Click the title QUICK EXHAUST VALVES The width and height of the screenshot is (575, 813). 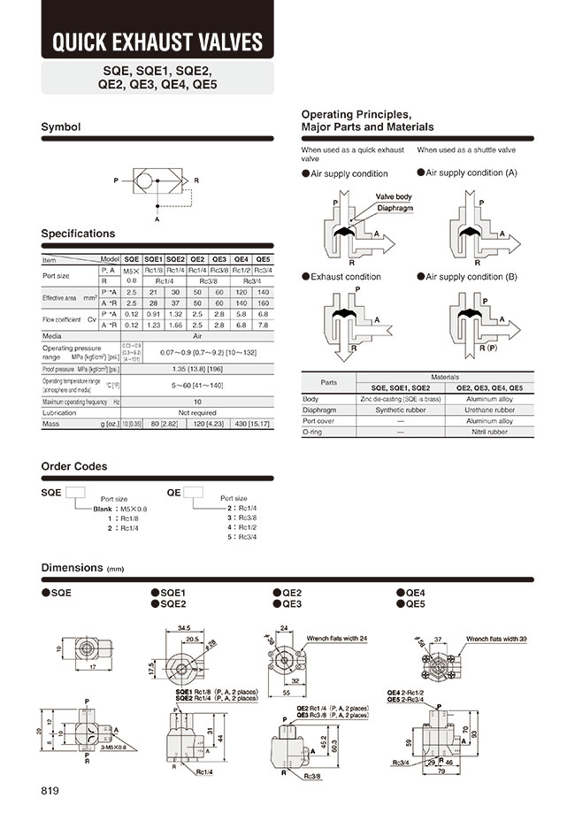[157, 42]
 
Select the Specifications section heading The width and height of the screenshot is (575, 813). [79, 234]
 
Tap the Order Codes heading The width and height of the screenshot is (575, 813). [74, 466]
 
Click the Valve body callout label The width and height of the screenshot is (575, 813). [393, 196]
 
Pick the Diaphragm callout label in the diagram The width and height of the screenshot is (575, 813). [395, 208]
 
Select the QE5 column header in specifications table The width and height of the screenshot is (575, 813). [263, 259]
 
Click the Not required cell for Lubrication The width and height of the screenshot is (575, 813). [197, 412]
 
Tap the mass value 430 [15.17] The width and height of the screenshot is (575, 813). [252, 424]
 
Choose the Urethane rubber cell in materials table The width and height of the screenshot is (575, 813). [492, 410]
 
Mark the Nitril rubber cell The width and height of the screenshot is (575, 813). [492, 433]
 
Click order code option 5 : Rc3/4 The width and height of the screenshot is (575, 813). [242, 536]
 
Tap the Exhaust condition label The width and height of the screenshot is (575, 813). [345, 277]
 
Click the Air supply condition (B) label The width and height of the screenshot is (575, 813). [471, 277]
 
